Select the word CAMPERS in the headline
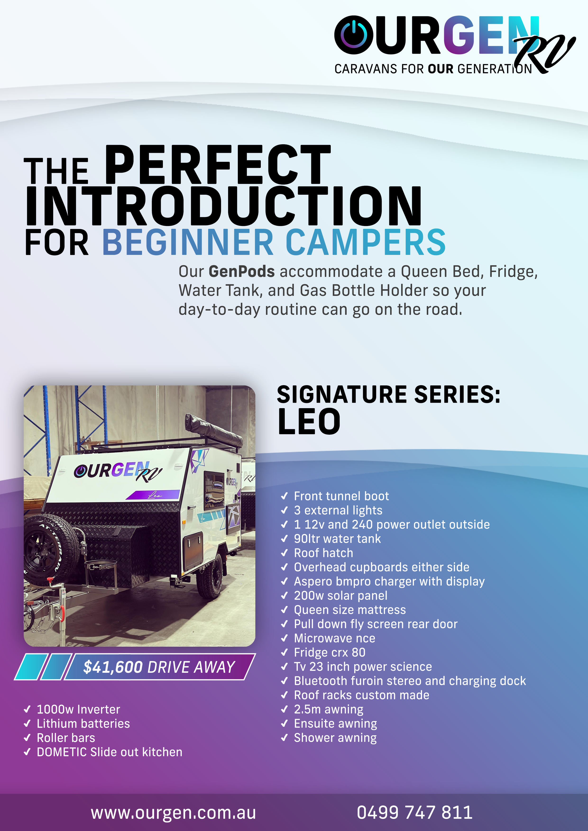click(x=366, y=242)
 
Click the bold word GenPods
click(x=242, y=271)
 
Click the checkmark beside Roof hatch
click(x=285, y=553)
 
